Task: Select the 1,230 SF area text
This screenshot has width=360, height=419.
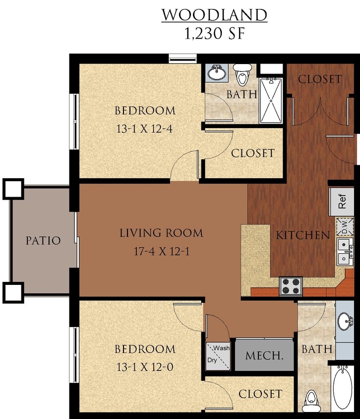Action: (214, 33)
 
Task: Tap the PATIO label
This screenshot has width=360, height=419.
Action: (43, 241)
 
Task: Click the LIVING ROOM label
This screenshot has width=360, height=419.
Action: (161, 232)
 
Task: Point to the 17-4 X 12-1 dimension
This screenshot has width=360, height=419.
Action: (161, 251)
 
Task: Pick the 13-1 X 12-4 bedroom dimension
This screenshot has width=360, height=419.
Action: (145, 129)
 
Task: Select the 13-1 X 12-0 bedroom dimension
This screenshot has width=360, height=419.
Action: (145, 367)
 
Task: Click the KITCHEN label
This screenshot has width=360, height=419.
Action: (302, 235)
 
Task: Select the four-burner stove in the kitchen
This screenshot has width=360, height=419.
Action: (291, 286)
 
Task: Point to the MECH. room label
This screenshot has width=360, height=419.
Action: (264, 355)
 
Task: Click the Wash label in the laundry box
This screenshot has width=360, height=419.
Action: (222, 348)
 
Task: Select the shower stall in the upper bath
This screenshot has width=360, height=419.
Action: (271, 100)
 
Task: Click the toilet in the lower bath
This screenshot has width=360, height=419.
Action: (310, 398)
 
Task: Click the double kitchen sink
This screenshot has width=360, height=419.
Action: (345, 252)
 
